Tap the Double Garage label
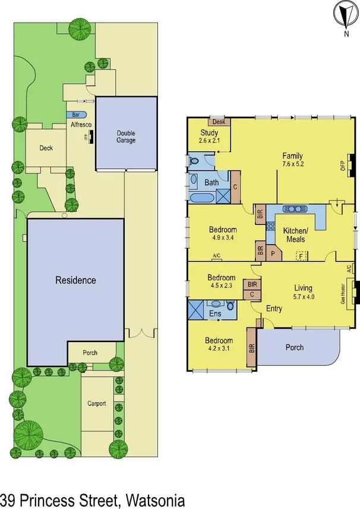[x=126, y=137]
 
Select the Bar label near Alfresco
[x=76, y=114]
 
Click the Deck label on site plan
[x=46, y=148]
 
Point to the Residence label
[x=75, y=280]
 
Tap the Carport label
[x=97, y=403]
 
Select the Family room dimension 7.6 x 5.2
[x=293, y=164]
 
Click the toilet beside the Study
[x=194, y=160]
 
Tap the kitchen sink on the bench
[x=295, y=209]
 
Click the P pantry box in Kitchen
[x=273, y=252]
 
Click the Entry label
[x=274, y=309]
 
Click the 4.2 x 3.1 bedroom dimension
[x=219, y=349]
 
